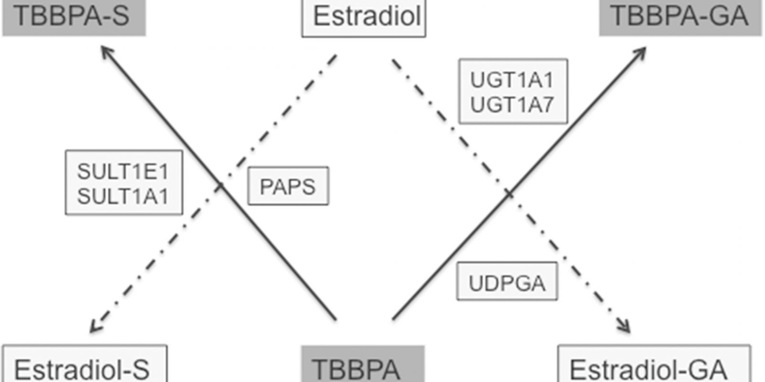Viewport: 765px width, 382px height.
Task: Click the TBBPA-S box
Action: pyautogui.click(x=74, y=17)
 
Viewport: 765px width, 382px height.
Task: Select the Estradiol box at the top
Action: pyautogui.click(x=363, y=18)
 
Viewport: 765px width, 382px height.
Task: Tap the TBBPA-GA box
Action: pyautogui.click(x=680, y=17)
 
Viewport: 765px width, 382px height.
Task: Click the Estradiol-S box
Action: pyautogui.click(x=85, y=365)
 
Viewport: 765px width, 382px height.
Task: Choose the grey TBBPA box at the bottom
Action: pyautogui.click(x=362, y=365)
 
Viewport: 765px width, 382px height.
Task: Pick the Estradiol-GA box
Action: pyautogui.click(x=654, y=365)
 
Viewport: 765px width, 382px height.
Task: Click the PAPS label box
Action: pyautogui.click(x=288, y=186)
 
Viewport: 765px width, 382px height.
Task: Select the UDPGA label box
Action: pyautogui.click(x=507, y=282)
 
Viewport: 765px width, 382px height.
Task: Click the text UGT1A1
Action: pyautogui.click(x=512, y=80)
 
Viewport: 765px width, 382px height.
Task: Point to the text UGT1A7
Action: pyautogui.click(x=512, y=105)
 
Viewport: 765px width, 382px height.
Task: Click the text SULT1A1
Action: pyautogui.click(x=123, y=196)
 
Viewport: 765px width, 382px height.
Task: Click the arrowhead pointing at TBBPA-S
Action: pyautogui.click(x=106, y=50)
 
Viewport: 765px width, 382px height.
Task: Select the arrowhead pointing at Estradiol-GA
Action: pyautogui.click(x=626, y=328)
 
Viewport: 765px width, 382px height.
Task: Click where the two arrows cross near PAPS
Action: pyautogui.click(x=220, y=186)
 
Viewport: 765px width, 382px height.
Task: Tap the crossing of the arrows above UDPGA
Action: pyautogui.click(x=509, y=193)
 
